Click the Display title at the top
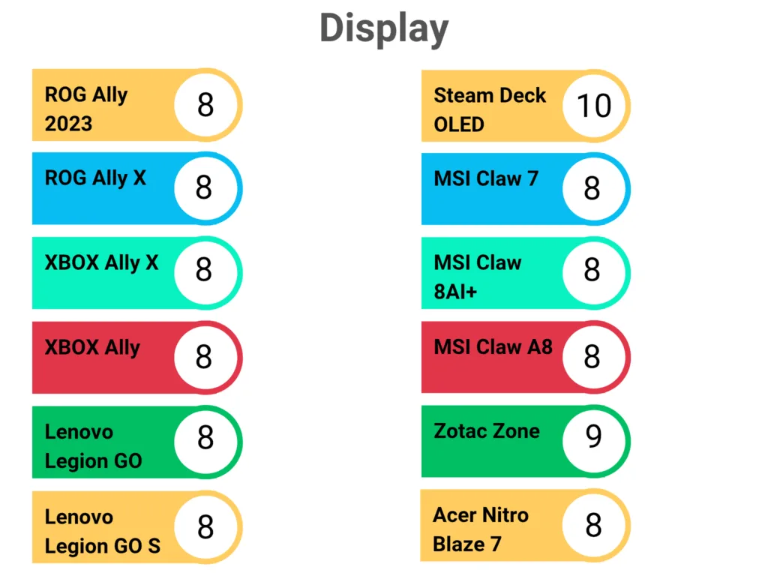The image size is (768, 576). [x=384, y=28]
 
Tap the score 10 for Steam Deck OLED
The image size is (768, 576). [x=593, y=106]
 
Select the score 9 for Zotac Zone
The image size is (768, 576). [x=593, y=436]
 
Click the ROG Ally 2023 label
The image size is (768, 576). [x=86, y=109]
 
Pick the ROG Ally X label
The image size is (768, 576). [x=95, y=178]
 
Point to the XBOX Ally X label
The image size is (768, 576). [x=101, y=262]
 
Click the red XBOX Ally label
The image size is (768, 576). [x=92, y=348]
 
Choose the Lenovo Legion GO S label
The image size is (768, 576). [x=102, y=531]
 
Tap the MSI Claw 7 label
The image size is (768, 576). [x=486, y=178]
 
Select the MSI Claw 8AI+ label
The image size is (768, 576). [x=477, y=277]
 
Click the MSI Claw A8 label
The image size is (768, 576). [x=493, y=347]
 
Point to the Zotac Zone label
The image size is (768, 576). [x=486, y=431]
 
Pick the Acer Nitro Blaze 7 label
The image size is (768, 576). [x=480, y=529]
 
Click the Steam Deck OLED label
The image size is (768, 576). [x=489, y=109]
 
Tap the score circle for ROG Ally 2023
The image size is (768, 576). [x=205, y=105]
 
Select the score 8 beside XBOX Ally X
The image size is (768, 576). [x=204, y=269]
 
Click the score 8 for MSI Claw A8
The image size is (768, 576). [x=592, y=357]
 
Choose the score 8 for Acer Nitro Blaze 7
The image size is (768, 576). [x=593, y=526]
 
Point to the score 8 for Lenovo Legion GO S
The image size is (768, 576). [x=205, y=527]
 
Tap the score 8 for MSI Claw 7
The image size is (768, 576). [x=592, y=188]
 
